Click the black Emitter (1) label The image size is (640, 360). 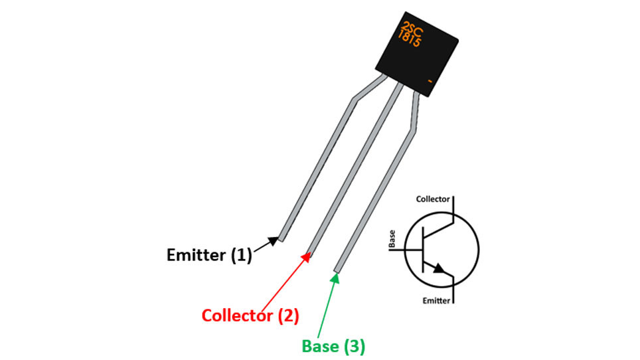coord(209,255)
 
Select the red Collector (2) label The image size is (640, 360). coord(250,315)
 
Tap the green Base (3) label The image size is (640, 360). coord(333,346)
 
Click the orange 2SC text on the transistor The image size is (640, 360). coord(412,29)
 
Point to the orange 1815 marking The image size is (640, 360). coord(409,39)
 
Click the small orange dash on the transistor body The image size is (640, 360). coord(430,81)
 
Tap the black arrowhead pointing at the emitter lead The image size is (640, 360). coord(274,240)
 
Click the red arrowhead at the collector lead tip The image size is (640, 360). coord(305,257)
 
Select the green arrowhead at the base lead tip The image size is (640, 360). coord(335,278)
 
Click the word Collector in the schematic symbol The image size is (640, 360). coord(433,199)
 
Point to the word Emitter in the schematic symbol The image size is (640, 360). coord(436,301)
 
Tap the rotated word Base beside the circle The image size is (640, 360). coord(392,238)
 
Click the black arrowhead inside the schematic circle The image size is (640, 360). coord(439,268)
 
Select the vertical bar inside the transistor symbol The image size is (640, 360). coord(424,249)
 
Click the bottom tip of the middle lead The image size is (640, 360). coord(309,252)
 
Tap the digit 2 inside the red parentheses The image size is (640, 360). coord(288,315)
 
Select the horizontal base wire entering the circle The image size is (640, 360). coord(405,249)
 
